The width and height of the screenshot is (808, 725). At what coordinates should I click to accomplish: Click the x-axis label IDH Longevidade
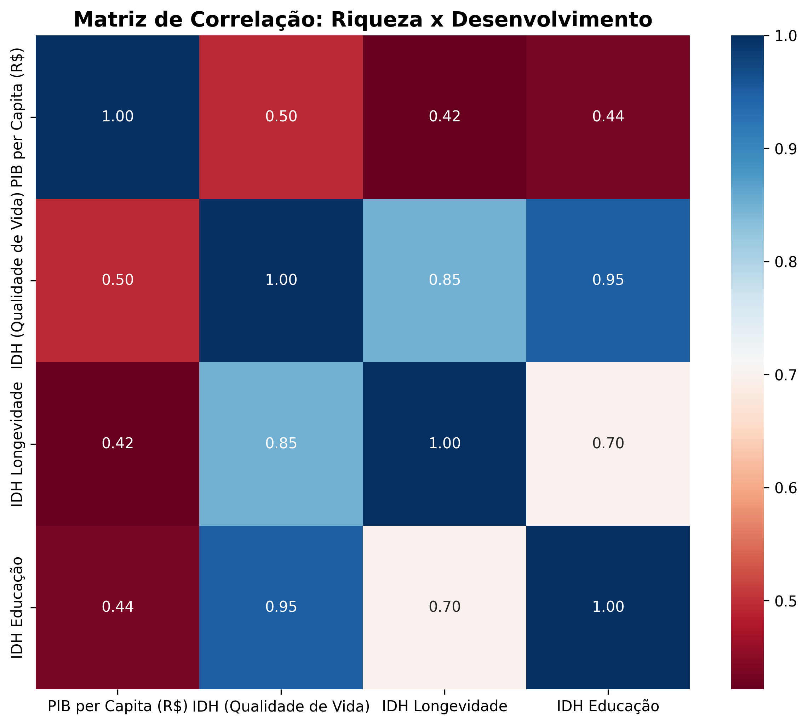pyautogui.click(x=444, y=706)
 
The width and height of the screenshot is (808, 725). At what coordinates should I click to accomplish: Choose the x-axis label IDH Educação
pyautogui.click(x=608, y=706)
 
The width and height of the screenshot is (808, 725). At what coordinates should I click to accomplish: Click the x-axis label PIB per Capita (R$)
pyautogui.click(x=118, y=706)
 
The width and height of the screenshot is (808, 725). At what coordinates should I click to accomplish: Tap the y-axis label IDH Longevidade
pyautogui.click(x=17, y=444)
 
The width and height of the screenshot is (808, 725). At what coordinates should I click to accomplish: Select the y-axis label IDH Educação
pyautogui.click(x=17, y=608)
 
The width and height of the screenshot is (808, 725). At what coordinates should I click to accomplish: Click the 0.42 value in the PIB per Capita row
pyautogui.click(x=445, y=117)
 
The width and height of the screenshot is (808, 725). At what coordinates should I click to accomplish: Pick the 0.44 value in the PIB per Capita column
pyautogui.click(x=118, y=607)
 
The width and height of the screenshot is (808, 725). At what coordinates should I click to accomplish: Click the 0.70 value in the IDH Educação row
pyautogui.click(x=445, y=607)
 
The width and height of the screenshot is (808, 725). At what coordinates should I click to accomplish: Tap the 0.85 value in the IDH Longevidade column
pyautogui.click(x=445, y=280)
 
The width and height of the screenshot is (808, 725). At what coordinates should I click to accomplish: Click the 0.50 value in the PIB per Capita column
pyautogui.click(x=118, y=280)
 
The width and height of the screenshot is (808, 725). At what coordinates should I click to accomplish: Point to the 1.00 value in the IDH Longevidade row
pyautogui.click(x=445, y=443)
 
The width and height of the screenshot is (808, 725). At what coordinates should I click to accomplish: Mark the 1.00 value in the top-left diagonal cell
pyautogui.click(x=118, y=117)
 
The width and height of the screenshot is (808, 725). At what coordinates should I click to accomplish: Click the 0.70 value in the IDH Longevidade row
pyautogui.click(x=608, y=443)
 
